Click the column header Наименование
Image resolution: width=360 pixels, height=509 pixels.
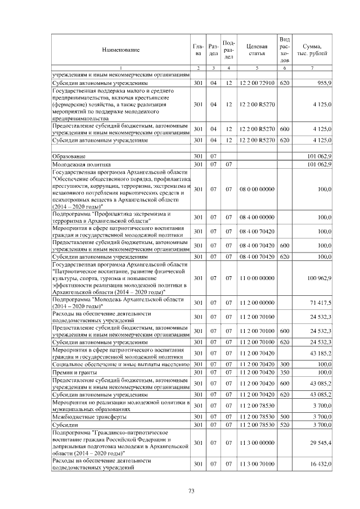coord(120,50)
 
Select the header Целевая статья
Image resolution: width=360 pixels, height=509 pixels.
coord(256,50)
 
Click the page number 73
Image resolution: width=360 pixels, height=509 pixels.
coord(191,491)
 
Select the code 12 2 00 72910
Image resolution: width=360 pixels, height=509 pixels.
coord(256,83)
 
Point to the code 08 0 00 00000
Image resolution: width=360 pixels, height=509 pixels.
coord(256,190)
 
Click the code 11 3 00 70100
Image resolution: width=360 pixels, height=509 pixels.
coord(256,463)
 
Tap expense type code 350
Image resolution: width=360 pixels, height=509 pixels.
coord(285,372)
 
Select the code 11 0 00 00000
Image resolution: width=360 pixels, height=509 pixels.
coord(256,278)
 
